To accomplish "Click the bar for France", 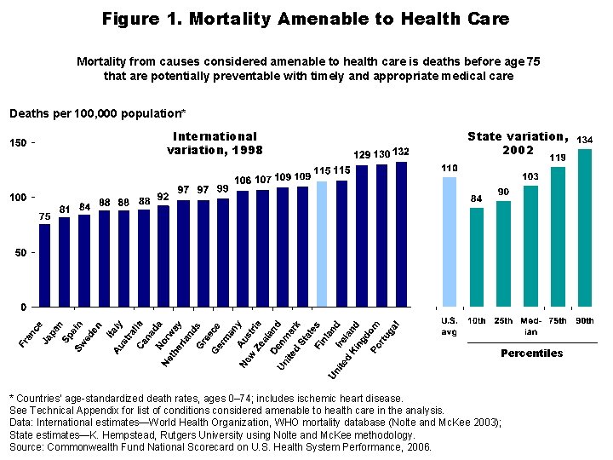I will click(x=44, y=265).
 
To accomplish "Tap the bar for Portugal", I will click(x=402, y=233).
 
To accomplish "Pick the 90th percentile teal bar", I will click(x=584, y=227).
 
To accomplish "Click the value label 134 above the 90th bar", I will click(x=585, y=139).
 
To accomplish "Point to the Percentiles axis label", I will click(x=531, y=353).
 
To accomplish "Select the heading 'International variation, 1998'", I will click(x=215, y=142).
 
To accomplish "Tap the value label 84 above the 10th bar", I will click(x=477, y=198).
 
